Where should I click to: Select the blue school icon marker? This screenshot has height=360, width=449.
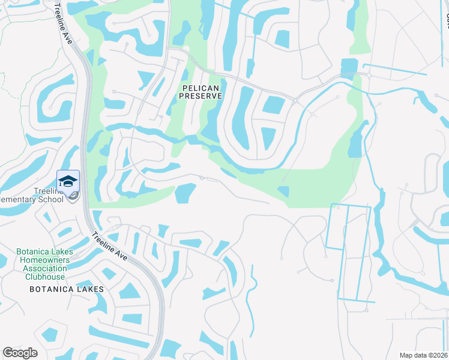click(68, 181)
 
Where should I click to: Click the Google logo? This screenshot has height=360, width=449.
click(20, 353)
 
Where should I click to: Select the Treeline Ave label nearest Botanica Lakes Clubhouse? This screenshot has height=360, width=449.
click(110, 246)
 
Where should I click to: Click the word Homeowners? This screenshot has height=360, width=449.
click(44, 260)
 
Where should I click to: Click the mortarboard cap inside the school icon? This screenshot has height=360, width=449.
click(68, 181)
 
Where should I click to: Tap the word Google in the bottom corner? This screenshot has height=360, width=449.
click(20, 353)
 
